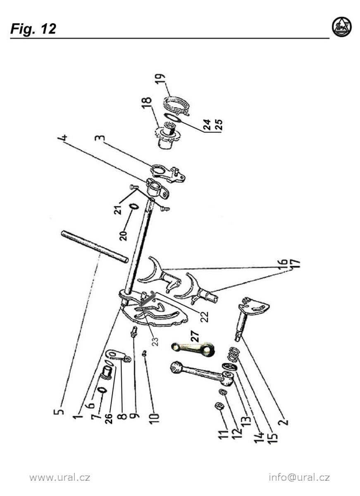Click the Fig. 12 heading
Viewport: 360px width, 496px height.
(x=33, y=29)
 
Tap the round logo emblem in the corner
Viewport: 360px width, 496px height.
(x=342, y=27)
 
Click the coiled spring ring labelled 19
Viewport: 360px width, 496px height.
(x=176, y=105)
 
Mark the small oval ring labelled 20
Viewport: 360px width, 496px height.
(x=134, y=207)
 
